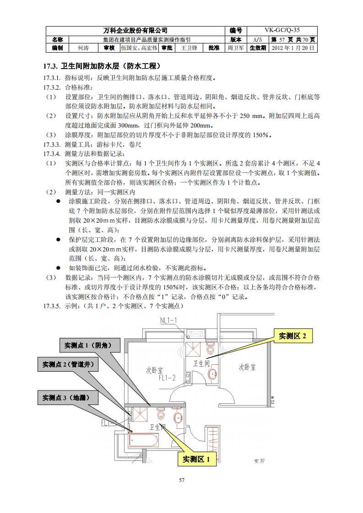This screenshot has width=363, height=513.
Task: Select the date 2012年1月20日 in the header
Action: (x=293, y=48)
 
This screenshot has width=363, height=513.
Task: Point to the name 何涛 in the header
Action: (x=83, y=48)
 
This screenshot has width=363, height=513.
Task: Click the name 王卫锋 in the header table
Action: (x=189, y=48)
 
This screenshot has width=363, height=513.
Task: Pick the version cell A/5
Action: (x=257, y=39)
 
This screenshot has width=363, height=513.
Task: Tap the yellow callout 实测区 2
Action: (x=293, y=336)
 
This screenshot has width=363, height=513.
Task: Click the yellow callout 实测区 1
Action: (x=196, y=459)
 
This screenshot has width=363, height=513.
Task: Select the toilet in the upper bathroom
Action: (x=210, y=349)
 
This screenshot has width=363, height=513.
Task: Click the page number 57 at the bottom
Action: (x=181, y=480)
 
